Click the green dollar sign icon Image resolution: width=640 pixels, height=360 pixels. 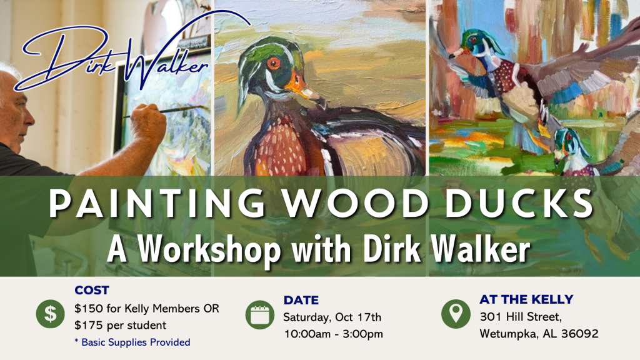(x=50, y=314)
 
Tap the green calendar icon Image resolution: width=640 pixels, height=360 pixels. (x=260, y=315)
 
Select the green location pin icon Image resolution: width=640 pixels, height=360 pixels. (x=456, y=314)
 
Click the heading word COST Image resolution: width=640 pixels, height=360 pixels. (x=92, y=290)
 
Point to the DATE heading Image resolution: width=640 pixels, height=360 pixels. (x=301, y=300)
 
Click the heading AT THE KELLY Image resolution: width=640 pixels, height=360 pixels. (x=526, y=299)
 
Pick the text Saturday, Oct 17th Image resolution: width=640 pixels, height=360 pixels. (x=332, y=317)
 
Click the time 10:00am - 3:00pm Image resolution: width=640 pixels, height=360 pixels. (x=334, y=334)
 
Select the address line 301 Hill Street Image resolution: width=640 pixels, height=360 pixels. (x=521, y=317)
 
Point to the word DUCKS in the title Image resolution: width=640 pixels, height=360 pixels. (x=519, y=203)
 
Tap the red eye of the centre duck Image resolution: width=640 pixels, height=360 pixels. (x=274, y=63)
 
